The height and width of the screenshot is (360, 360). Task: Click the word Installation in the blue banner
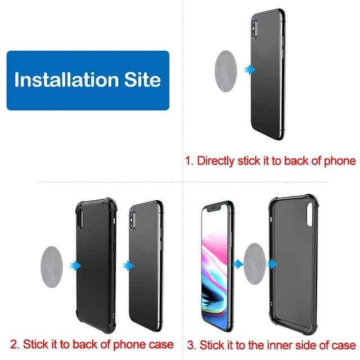66,79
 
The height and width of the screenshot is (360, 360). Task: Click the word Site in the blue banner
142,79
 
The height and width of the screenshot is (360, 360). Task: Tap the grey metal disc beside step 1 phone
226,71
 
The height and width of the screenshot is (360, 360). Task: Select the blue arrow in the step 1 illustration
250,69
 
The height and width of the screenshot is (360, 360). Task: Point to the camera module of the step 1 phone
254,29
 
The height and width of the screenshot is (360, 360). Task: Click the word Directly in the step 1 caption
215,161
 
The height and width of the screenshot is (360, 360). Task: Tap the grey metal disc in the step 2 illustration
52,267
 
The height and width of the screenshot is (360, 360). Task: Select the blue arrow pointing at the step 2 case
75,266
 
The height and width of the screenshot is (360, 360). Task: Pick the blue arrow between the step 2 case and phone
128,266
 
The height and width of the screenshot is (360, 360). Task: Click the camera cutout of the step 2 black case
80,218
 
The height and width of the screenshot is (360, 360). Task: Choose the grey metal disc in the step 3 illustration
255,264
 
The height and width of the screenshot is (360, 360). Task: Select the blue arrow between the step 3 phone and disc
238,264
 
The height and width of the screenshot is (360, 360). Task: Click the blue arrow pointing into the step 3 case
272,264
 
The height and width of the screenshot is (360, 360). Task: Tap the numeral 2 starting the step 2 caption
13,344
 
